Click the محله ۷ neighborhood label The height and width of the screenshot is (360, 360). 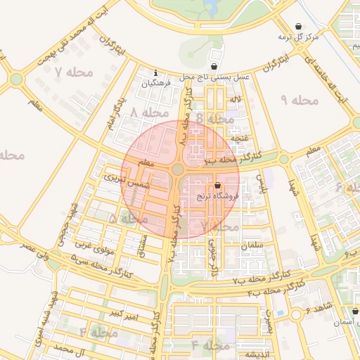[68, 72]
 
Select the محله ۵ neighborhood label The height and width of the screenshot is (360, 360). [122, 219]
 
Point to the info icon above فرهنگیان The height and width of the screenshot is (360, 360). [156, 72]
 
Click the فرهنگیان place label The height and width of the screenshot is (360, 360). [156, 84]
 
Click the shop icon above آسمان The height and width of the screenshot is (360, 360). [354, 310]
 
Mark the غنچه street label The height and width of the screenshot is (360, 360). [241, 139]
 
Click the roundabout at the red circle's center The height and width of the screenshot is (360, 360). [178, 169]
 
